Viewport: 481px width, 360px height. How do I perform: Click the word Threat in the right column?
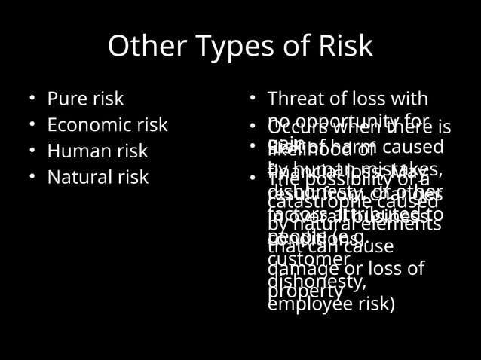pyautogui.click(x=295, y=99)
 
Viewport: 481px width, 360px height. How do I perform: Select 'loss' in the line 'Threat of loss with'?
pyautogui.click(x=366, y=99)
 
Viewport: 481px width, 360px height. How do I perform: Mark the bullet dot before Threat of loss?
pyautogui.click(x=253, y=99)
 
